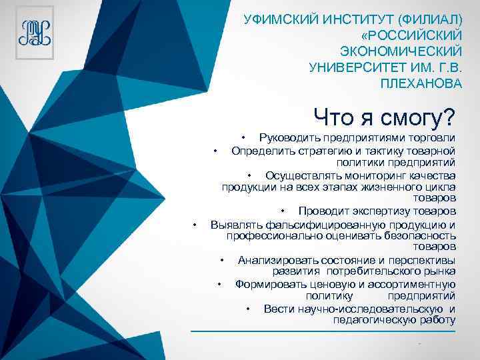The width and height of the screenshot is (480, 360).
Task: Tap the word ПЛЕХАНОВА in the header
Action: pyautogui.click(x=420, y=84)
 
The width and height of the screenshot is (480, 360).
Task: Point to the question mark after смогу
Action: pyautogui.click(x=448, y=117)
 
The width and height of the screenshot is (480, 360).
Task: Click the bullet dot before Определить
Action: pyautogui.click(x=215, y=150)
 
